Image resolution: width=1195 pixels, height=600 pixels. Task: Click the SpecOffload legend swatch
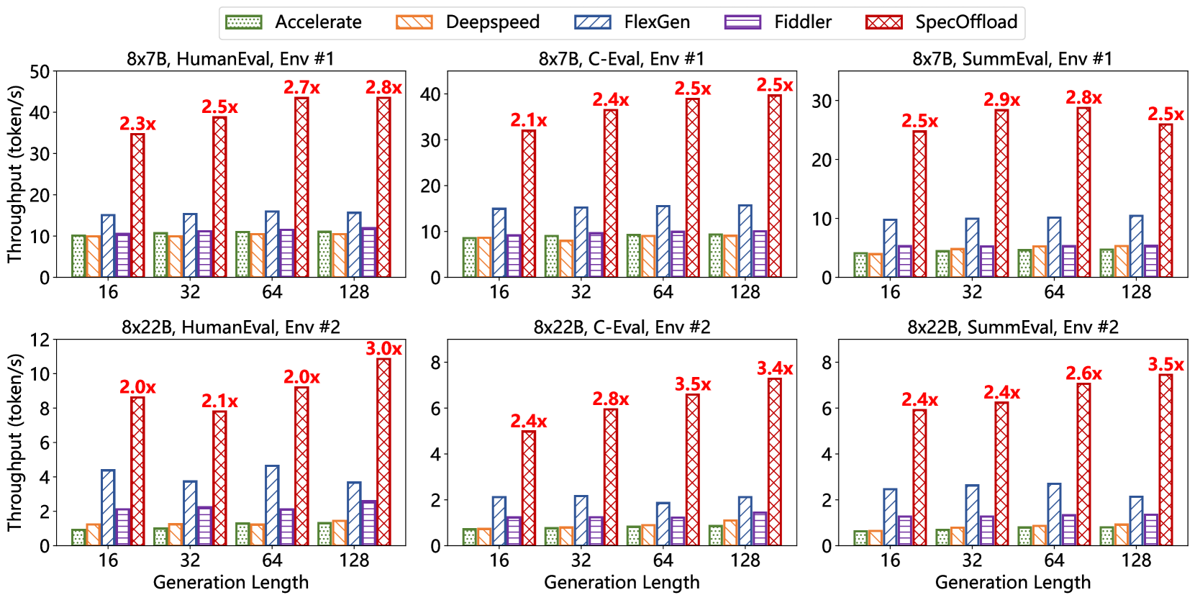884,22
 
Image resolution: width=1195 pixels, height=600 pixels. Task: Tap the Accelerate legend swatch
244,22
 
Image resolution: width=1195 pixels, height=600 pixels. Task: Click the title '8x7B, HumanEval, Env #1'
230,58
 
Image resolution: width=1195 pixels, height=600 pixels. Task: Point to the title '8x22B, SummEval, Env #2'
1012,327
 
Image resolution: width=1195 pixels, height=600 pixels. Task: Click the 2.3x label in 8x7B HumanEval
137,124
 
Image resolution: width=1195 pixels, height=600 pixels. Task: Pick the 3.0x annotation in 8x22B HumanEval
383,349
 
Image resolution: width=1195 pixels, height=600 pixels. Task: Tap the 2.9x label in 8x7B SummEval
1001,100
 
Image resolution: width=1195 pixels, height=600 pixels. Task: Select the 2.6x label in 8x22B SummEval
1083,373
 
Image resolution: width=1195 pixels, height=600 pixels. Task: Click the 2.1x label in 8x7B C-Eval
529,120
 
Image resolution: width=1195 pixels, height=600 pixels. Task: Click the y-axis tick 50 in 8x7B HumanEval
40,71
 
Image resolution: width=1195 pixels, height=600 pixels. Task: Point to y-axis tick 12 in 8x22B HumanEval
40,340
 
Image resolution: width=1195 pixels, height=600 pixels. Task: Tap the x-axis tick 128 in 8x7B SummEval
1136,292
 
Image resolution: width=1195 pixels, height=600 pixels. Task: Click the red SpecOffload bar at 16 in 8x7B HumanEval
137,205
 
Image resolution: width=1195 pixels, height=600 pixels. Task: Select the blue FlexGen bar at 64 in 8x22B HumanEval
272,506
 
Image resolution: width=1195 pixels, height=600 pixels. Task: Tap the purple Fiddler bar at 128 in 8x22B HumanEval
368,523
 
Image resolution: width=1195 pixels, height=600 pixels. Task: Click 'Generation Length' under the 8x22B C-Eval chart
622,583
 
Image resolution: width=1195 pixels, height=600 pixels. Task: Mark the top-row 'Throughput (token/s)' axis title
15,174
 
